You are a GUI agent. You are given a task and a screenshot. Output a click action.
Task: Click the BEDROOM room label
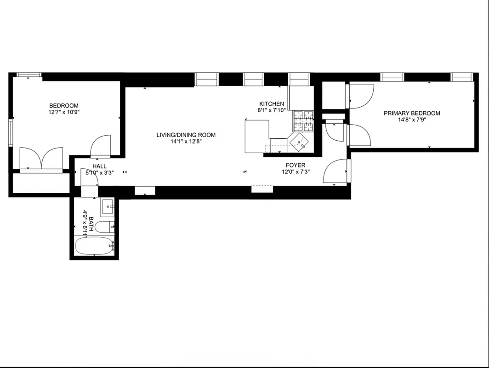coord(64,105)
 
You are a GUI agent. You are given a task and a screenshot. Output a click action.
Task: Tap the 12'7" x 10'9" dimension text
coord(64,112)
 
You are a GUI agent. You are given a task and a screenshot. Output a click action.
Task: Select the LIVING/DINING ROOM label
coord(186,135)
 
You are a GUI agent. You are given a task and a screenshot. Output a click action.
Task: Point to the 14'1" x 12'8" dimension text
coord(186,142)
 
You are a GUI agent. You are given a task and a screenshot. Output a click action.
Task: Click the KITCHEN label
coord(272,103)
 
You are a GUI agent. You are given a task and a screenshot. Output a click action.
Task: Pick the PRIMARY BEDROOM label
coord(412,113)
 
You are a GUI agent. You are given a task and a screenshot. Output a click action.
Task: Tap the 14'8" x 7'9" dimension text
coord(412,121)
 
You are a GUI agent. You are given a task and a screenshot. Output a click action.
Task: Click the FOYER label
coord(295,165)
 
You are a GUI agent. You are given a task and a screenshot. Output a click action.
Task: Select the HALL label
coord(99,166)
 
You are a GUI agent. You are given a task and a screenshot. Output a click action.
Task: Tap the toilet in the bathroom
coord(104,227)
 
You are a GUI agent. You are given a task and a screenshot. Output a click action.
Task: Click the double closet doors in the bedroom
coord(41,159)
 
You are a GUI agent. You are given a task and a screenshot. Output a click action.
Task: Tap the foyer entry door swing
coord(335,171)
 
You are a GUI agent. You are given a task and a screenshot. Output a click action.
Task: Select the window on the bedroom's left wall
coord(10,133)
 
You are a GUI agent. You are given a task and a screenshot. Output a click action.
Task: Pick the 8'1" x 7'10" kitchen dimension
coord(272,110)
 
